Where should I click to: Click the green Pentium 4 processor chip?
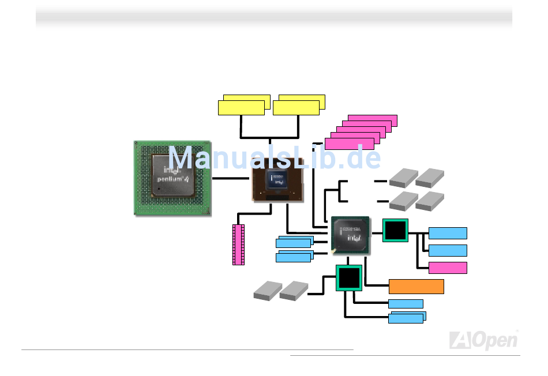(172, 178)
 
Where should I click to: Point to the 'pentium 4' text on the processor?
(175, 179)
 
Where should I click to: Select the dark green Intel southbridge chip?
(350, 235)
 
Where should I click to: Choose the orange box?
(416, 287)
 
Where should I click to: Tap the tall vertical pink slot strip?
(238, 245)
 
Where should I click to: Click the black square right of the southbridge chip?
(395, 231)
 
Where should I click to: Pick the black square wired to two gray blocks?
(349, 278)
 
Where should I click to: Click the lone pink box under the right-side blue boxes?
(448, 267)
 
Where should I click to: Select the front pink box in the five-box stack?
(349, 144)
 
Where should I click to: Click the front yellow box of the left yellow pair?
(241, 108)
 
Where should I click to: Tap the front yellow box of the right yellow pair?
(296, 108)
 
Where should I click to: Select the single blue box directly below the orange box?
(406, 304)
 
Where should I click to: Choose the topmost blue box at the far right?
(448, 233)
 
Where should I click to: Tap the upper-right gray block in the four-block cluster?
(430, 178)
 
